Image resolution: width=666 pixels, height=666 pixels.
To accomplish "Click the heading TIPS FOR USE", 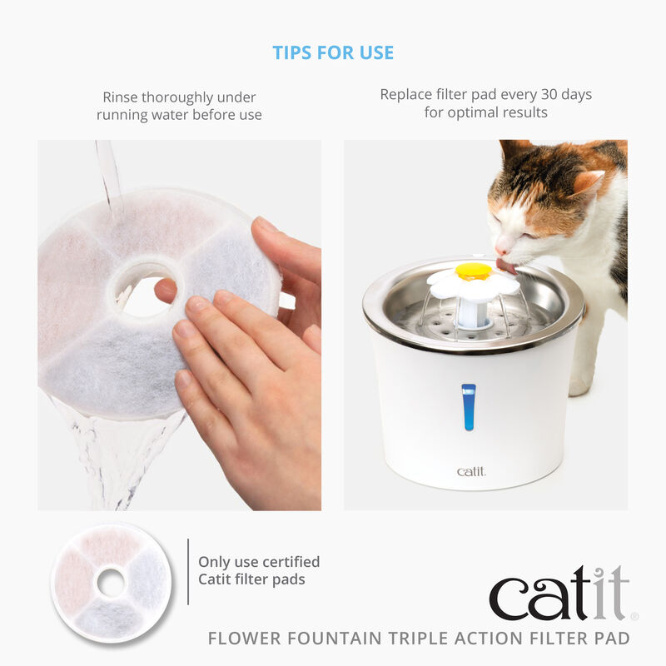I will (x=333, y=52).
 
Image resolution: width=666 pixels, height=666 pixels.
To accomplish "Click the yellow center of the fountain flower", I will (x=473, y=271).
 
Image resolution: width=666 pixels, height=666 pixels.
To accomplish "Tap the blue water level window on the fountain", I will (x=469, y=406).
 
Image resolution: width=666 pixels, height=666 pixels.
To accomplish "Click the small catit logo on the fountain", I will (x=471, y=472).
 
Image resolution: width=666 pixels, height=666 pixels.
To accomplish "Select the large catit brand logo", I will (x=559, y=593).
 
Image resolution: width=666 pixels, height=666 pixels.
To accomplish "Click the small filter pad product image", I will (x=111, y=583).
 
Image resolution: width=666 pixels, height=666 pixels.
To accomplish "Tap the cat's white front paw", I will (x=580, y=385).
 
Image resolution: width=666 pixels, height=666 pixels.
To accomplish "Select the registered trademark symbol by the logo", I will (x=634, y=617).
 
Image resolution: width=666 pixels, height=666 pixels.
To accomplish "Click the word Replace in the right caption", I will (x=409, y=94).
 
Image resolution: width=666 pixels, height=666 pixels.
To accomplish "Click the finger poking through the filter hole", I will (x=166, y=291).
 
